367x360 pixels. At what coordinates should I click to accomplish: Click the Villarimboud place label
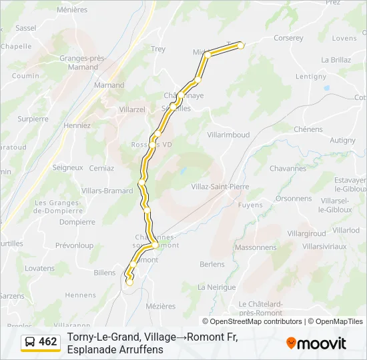tap(228, 135)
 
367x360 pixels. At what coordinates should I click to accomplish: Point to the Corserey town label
tap(288, 39)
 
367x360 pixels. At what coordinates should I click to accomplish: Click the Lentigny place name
tap(311, 77)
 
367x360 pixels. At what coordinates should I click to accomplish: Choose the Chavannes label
tap(288, 169)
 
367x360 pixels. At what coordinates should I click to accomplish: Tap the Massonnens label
tap(256, 247)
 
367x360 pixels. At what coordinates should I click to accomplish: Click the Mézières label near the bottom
tap(160, 306)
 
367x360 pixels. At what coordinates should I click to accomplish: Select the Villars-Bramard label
tap(107, 191)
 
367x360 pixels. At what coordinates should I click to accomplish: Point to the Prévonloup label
tap(75, 245)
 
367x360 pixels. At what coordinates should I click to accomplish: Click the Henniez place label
tap(77, 125)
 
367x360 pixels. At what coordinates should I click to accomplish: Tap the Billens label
tap(105, 273)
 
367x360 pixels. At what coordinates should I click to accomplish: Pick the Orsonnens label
tap(294, 198)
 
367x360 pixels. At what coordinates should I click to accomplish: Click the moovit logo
tap(316, 343)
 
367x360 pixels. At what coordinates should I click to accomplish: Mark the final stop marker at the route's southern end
tap(129, 283)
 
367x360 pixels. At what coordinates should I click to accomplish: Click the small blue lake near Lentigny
tap(326, 87)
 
